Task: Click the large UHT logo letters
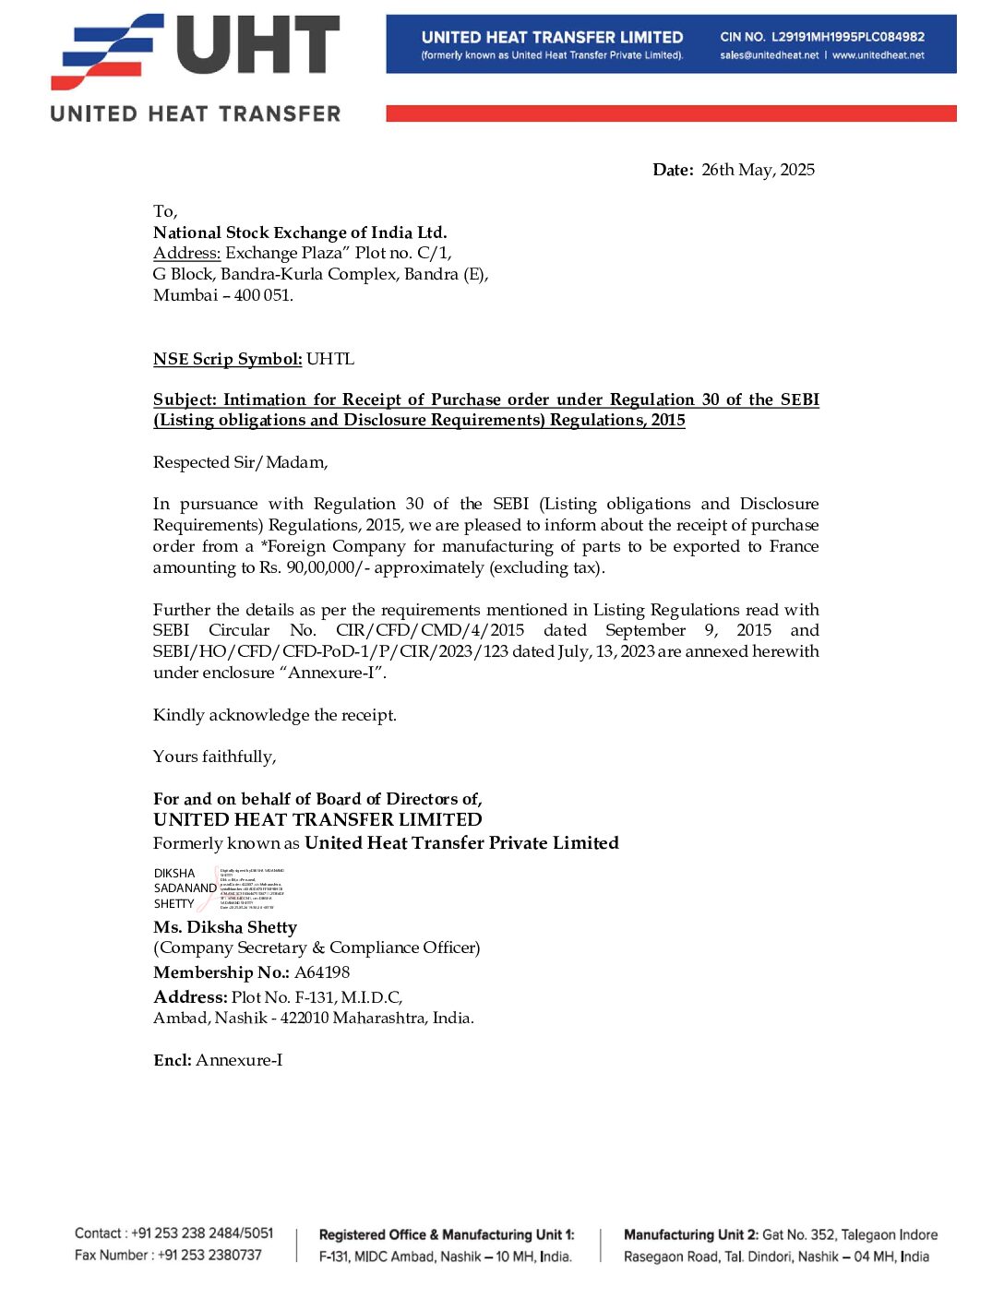257,45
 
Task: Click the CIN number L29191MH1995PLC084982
847,37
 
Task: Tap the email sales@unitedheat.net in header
770,55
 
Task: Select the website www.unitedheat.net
878,55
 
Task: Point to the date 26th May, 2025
758,170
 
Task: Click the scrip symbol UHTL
329,359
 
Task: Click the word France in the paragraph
794,546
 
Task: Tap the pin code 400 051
263,295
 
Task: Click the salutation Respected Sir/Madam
240,462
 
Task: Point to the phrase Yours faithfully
214,757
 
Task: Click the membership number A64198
322,972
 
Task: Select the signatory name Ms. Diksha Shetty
225,927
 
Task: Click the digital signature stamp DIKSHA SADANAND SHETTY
185,888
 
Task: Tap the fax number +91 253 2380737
209,1255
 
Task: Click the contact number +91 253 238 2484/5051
202,1233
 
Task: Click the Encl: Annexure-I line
218,1060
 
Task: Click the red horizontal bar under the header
671,113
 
